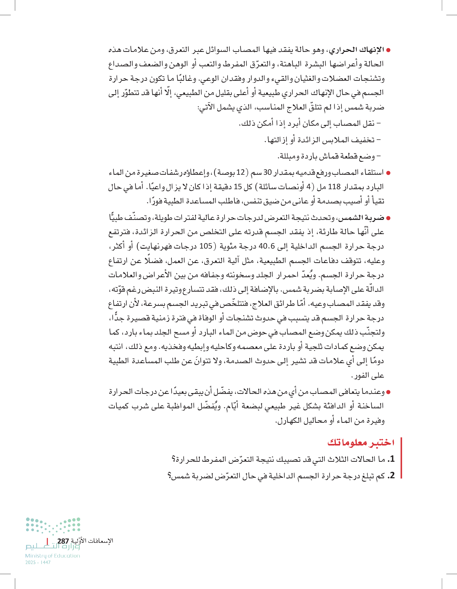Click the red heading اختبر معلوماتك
[361, 443]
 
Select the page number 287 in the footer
[63, 541]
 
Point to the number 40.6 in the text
[266, 246]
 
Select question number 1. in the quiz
[391, 459]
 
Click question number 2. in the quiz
[391, 475]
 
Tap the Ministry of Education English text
[53, 556]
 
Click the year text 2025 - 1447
[38, 563]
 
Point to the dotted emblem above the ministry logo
[53, 525]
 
